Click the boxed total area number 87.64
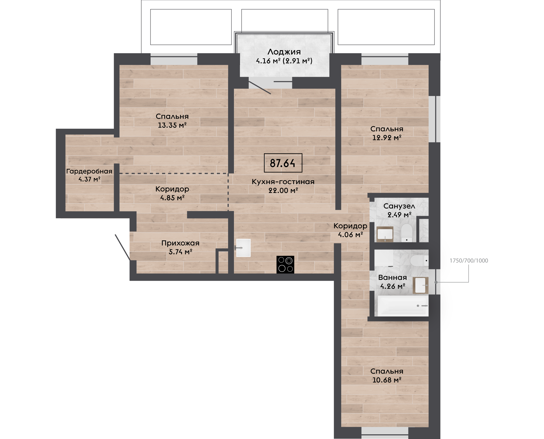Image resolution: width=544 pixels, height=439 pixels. pyautogui.click(x=282, y=163)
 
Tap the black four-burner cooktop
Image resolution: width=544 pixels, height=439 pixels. pyautogui.click(x=285, y=265)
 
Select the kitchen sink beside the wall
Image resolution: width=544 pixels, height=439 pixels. pyautogui.click(x=243, y=248)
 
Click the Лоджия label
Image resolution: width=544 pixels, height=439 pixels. pyautogui.click(x=284, y=52)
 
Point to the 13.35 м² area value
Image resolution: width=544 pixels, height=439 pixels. pyautogui.click(x=172, y=125)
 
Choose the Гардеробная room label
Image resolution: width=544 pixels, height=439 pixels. pyautogui.click(x=89, y=171)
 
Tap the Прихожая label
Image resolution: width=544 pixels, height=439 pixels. pyautogui.click(x=180, y=243)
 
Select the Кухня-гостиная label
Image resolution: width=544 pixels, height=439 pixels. pyautogui.click(x=283, y=181)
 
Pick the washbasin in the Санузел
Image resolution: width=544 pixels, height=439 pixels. pyautogui.click(x=385, y=234)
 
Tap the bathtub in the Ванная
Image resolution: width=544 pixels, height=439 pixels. pyautogui.click(x=403, y=306)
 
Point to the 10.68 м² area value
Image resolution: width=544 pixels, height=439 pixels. pyautogui.click(x=387, y=380)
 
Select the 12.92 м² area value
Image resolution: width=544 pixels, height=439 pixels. pyautogui.click(x=387, y=138)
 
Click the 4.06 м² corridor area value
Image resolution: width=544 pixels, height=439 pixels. pyautogui.click(x=351, y=235)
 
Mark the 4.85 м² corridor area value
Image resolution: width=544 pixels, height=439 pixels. pyautogui.click(x=172, y=198)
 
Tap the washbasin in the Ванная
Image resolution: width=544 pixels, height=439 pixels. pyautogui.click(x=420, y=285)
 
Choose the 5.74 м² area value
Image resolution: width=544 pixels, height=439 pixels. pyautogui.click(x=180, y=252)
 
